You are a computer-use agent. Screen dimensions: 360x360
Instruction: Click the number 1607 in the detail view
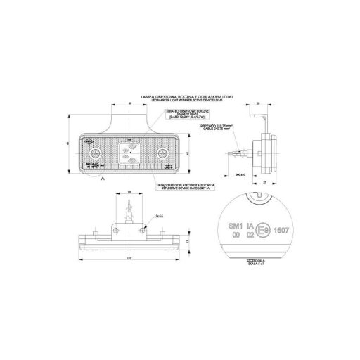(281, 228)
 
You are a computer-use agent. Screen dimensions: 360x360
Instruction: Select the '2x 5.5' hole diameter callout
(160, 216)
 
